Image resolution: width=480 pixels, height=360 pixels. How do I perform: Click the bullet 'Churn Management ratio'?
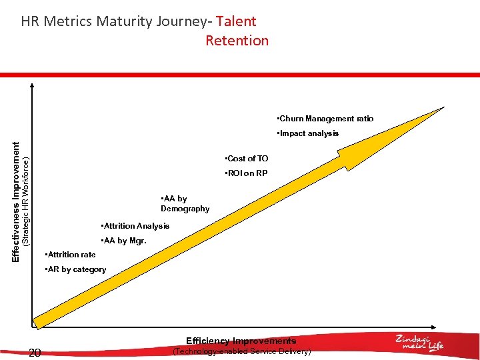pyautogui.click(x=325, y=119)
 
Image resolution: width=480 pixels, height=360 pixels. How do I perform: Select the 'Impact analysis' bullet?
pyautogui.click(x=308, y=133)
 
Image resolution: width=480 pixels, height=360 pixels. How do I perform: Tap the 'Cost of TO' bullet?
pyautogui.click(x=247, y=159)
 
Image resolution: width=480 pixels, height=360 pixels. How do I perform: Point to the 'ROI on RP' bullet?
pyautogui.click(x=247, y=173)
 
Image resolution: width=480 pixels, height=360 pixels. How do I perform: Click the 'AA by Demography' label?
pyautogui.click(x=185, y=203)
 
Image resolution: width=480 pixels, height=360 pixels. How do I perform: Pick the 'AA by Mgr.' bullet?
pyautogui.click(x=123, y=241)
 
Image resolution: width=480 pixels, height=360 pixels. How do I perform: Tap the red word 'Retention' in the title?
pyautogui.click(x=237, y=41)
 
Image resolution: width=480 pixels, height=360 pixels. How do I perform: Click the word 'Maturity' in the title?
pyautogui.click(x=125, y=21)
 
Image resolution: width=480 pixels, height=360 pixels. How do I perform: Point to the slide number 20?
pyautogui.click(x=35, y=353)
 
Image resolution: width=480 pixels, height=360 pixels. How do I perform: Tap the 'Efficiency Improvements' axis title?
pyautogui.click(x=241, y=341)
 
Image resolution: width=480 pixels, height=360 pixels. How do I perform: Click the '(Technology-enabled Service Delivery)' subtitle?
pyautogui.click(x=241, y=351)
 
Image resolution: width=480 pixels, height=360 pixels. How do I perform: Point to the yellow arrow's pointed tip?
pyautogui.click(x=443, y=107)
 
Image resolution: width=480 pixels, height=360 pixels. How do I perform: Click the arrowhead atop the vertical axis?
pyautogui.click(x=31, y=86)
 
